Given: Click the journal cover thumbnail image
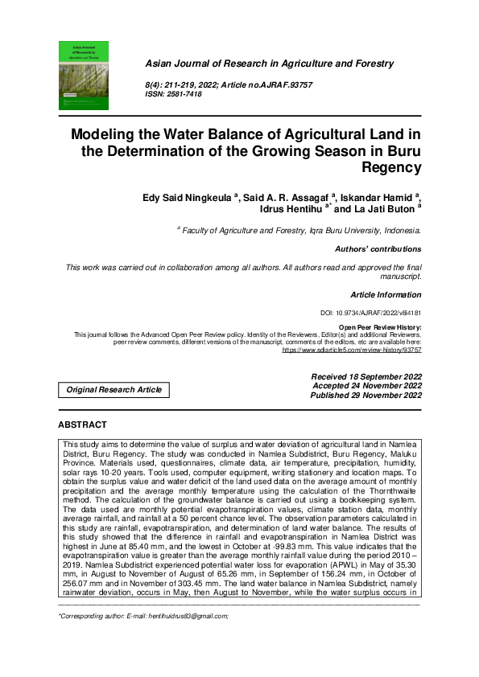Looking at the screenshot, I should click(x=84, y=76).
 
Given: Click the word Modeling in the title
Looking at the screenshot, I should click(x=104, y=136).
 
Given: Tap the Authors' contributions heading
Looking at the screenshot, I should click(x=378, y=249).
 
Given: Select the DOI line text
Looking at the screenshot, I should click(x=370, y=313).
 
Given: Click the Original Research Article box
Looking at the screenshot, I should click(x=114, y=390).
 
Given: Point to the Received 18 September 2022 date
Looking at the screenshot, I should click(x=366, y=376).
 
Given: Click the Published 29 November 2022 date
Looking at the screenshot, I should click(x=366, y=396).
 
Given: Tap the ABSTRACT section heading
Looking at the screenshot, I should click(x=82, y=424).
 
